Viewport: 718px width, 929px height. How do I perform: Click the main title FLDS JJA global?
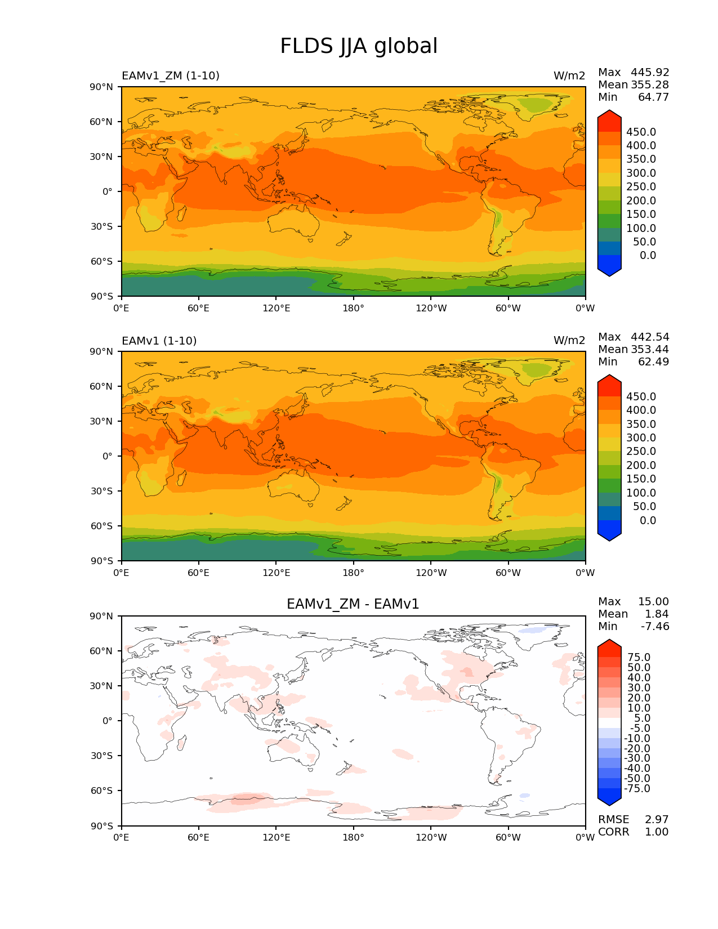click(359, 46)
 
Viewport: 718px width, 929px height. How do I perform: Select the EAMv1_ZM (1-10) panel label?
click(171, 75)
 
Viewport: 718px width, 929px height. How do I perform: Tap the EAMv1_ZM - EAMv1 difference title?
click(353, 604)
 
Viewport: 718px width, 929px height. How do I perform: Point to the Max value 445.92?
click(650, 72)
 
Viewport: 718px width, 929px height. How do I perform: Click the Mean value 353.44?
click(650, 349)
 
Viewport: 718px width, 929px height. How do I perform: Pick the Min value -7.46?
click(655, 626)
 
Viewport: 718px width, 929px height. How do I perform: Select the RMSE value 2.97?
click(657, 819)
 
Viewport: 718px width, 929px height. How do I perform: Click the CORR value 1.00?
click(657, 832)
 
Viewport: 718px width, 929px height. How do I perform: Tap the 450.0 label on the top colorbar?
click(641, 132)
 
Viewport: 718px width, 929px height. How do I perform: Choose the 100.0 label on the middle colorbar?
click(641, 493)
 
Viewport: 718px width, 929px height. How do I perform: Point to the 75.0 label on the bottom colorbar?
click(639, 657)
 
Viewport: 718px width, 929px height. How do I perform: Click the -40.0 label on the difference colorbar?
click(637, 768)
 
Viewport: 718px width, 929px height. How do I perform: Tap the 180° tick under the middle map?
click(353, 573)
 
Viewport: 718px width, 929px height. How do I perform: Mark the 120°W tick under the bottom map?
click(431, 838)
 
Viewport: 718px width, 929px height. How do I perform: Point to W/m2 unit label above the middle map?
click(569, 341)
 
